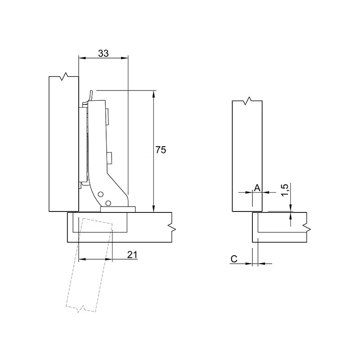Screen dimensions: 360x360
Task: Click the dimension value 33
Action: click(x=103, y=53)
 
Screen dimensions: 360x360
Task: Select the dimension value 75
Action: click(x=161, y=150)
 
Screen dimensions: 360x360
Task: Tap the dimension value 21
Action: click(x=132, y=254)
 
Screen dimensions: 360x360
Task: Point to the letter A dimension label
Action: click(x=257, y=188)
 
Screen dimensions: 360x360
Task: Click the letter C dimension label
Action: click(x=234, y=259)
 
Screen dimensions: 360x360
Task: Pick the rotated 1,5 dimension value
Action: click(x=285, y=190)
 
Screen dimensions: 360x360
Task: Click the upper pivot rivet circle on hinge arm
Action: click(x=100, y=194)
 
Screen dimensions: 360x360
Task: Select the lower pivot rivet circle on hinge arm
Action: click(x=108, y=203)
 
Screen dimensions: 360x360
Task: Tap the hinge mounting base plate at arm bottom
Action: click(x=118, y=209)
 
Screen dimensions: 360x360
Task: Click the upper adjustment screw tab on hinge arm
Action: click(x=107, y=117)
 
